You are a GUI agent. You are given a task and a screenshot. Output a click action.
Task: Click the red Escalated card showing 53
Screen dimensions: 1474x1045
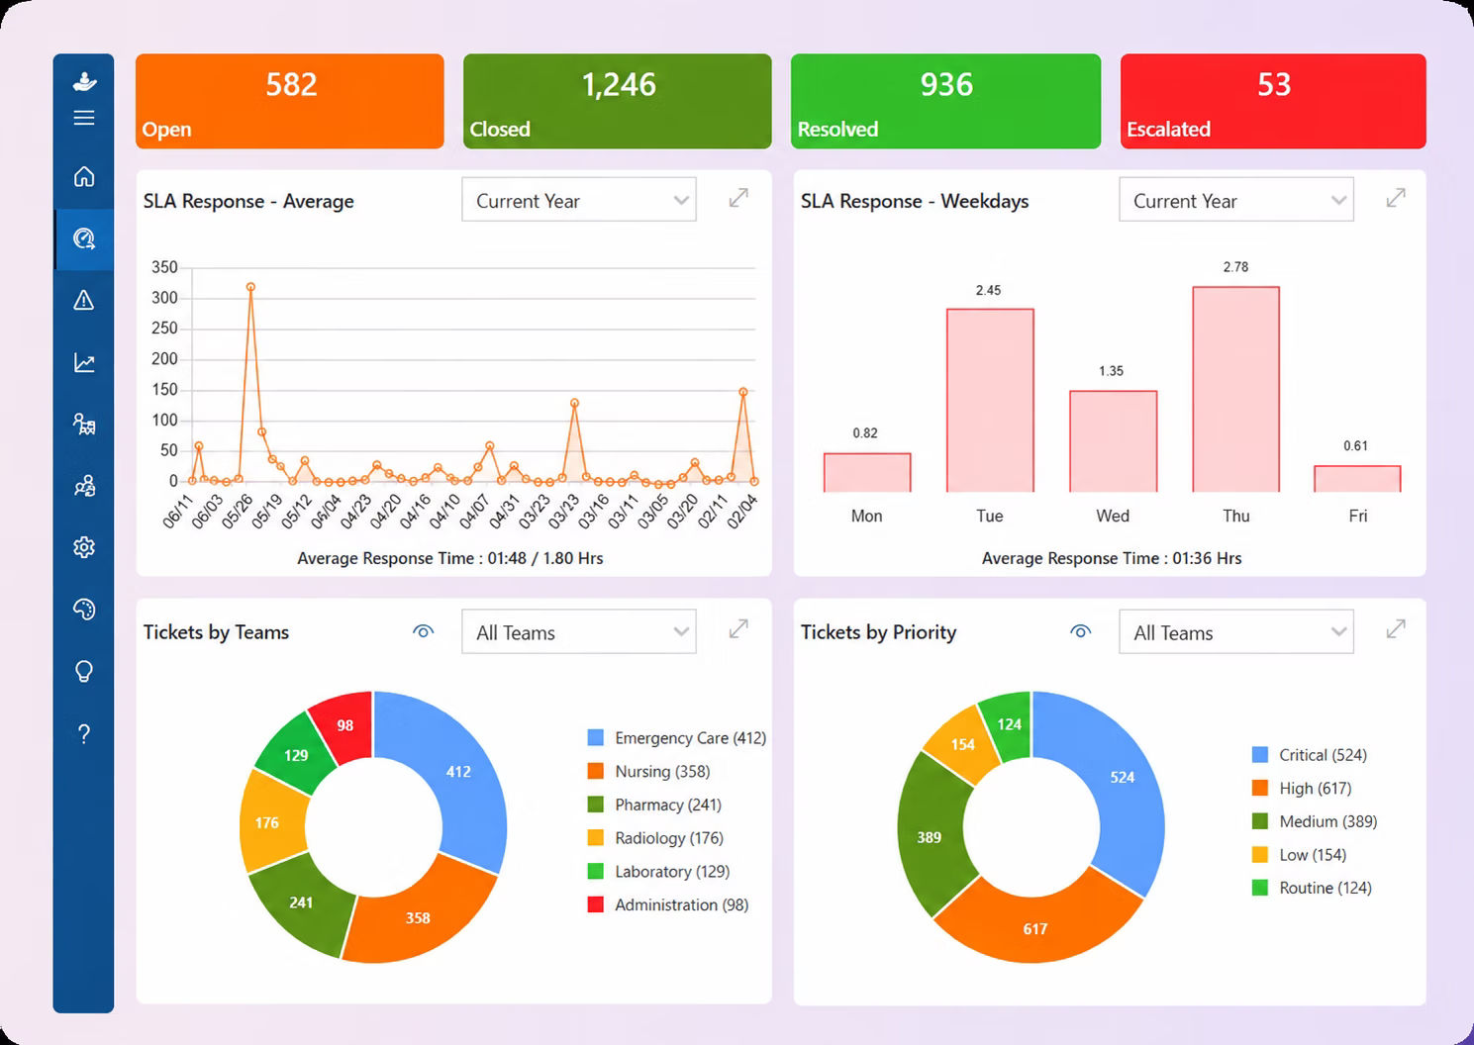(1273, 101)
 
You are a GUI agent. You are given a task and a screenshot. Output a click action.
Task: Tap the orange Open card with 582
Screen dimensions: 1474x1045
(289, 101)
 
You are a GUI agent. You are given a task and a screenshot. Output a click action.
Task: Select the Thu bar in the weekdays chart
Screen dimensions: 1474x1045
(1235, 389)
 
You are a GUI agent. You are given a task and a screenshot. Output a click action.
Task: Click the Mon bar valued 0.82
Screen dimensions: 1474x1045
(867, 472)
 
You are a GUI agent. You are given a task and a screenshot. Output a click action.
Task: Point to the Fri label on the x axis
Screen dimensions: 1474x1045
(1357, 516)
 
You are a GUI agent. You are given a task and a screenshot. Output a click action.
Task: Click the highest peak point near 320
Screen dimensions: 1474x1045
(250, 287)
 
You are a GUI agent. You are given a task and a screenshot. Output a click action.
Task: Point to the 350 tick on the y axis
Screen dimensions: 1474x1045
(164, 267)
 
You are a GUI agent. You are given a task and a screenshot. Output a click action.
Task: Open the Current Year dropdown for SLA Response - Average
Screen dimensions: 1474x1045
(579, 199)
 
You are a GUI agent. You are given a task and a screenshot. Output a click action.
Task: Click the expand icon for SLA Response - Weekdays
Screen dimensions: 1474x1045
(1395, 198)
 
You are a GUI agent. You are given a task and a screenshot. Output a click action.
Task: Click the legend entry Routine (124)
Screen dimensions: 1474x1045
(1312, 888)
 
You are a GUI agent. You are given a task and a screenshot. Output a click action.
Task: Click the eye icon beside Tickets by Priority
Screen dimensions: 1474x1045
(1080, 631)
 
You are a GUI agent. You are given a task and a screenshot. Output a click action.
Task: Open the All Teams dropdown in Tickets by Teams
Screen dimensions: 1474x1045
(579, 631)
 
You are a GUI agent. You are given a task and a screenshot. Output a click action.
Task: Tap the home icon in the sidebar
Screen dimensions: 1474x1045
(83, 176)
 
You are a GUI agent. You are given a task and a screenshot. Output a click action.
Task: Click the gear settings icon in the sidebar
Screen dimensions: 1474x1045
(83, 547)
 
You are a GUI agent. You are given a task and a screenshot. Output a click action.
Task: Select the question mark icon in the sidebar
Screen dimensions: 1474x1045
(83, 733)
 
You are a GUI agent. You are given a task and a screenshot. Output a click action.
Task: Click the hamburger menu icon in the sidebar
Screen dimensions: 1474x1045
(83, 118)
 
